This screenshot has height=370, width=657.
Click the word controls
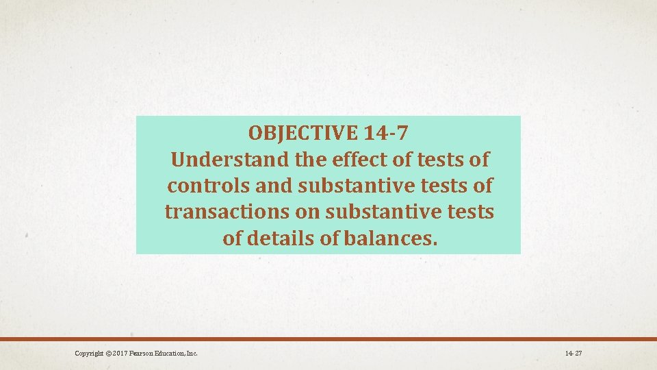click(205, 186)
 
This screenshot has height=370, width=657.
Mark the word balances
click(391, 239)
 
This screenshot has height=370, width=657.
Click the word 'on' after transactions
click(308, 212)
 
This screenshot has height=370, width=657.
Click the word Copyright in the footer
click(90, 354)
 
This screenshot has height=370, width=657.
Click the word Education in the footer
click(172, 354)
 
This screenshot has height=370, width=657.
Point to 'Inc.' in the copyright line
click(192, 354)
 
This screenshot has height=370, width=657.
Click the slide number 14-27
click(574, 354)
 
